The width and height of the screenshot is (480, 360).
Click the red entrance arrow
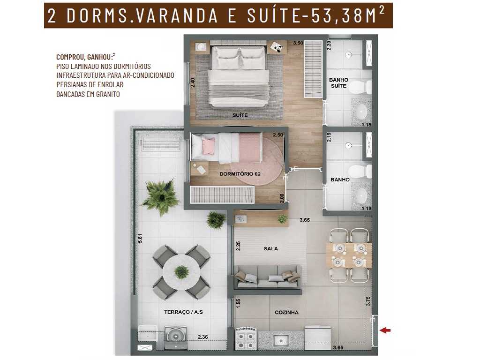(385, 330)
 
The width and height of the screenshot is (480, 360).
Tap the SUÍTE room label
(240, 115)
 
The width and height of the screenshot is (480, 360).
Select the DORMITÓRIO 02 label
(240, 173)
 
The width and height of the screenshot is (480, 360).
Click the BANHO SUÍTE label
(338, 83)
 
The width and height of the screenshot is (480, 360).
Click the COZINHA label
(286, 312)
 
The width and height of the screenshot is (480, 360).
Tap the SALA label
(270, 248)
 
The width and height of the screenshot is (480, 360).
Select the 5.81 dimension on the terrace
(140, 239)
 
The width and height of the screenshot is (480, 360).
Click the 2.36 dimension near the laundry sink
(203, 337)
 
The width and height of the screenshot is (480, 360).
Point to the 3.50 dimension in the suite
(298, 43)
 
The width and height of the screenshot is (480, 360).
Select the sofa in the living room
(267, 277)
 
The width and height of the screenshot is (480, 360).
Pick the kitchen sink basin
(282, 340)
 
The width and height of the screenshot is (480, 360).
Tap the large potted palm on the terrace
(161, 197)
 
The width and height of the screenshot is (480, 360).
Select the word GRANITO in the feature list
(107, 94)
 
